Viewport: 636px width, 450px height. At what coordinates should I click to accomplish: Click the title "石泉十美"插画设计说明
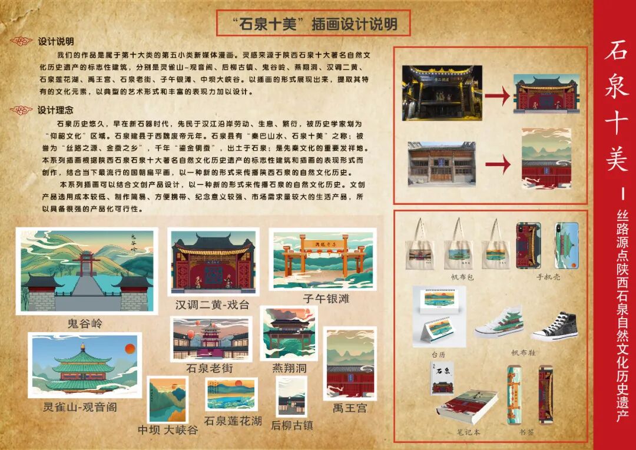pyautogui.click(x=314, y=24)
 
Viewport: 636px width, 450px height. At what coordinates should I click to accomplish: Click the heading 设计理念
pyautogui.click(x=56, y=110)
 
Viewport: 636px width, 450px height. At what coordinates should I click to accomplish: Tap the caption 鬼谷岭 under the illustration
pyautogui.click(x=85, y=323)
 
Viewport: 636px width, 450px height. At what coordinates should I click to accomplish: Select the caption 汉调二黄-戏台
pyautogui.click(x=212, y=305)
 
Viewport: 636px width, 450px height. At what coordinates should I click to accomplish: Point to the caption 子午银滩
pyautogui.click(x=326, y=299)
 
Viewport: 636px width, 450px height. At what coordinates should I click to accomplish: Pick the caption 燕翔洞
pyautogui.click(x=290, y=369)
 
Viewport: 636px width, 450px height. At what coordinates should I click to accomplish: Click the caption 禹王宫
pyautogui.click(x=349, y=408)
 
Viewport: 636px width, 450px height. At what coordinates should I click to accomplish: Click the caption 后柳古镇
pyautogui.click(x=292, y=425)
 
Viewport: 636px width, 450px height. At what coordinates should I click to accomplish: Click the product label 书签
pyautogui.click(x=527, y=432)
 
